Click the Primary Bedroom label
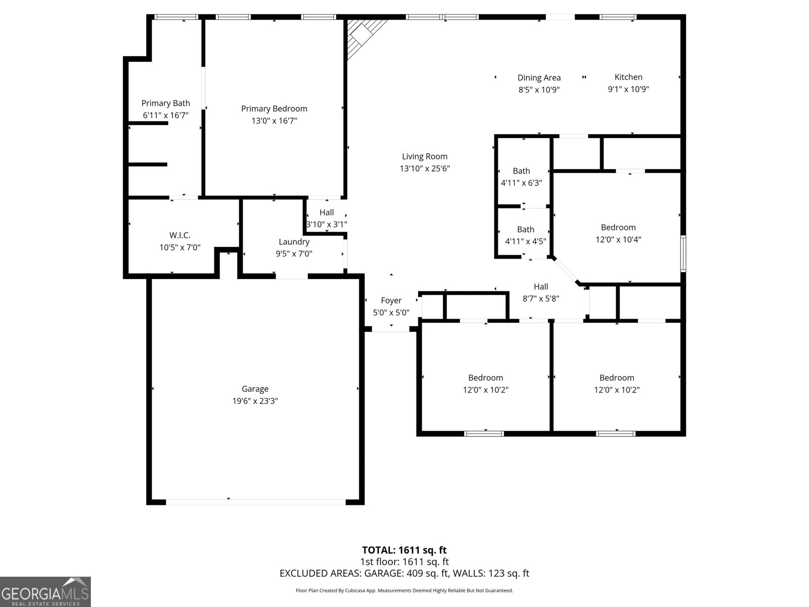tap(274, 109)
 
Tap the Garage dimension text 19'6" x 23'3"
tap(255, 401)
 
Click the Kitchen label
tap(628, 77)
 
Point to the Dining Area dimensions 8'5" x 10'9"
tap(539, 90)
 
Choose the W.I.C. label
tap(180, 235)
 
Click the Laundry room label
tap(294, 242)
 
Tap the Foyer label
tap(391, 300)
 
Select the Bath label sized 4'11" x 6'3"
tap(521, 171)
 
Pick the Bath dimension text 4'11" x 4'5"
tap(525, 242)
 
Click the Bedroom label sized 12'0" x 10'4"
tap(618, 228)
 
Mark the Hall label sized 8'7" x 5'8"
tap(541, 287)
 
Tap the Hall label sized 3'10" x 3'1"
tap(327, 212)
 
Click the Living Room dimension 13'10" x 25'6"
tap(425, 168)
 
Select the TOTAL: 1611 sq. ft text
tap(404, 550)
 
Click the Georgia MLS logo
tap(45, 591)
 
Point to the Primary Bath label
tap(165, 103)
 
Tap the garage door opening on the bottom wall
tap(255, 502)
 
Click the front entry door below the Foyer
tap(390, 329)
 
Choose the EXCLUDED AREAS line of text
tap(404, 573)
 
